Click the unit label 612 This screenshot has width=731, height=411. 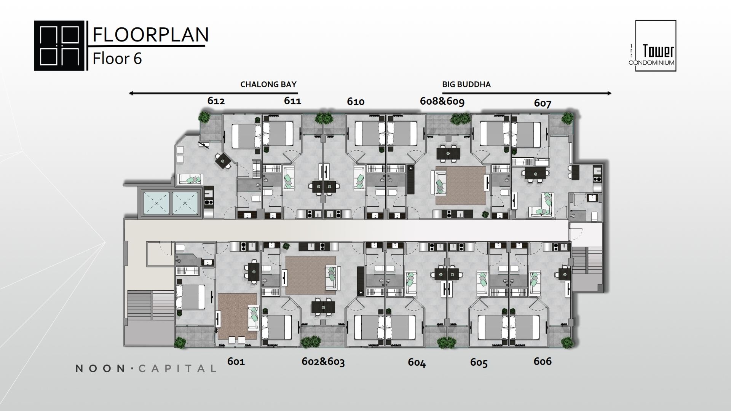tap(216, 101)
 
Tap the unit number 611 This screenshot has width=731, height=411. tap(292, 101)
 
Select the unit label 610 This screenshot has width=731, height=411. tap(356, 102)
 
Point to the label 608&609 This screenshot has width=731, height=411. tap(442, 101)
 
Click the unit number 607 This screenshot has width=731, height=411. tap(543, 103)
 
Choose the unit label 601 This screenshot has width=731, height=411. tap(236, 361)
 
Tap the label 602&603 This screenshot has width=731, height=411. tap(323, 362)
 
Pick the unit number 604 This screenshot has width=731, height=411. tap(417, 362)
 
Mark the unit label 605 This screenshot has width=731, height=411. tap(479, 363)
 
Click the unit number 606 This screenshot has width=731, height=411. tap(543, 361)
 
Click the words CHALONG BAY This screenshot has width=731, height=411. tap(268, 84)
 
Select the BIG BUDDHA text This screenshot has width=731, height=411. tap(466, 84)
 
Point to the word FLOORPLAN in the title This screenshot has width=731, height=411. tap(151, 35)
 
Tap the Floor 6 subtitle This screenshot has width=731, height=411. tap(117, 59)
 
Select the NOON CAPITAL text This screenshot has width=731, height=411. tap(146, 368)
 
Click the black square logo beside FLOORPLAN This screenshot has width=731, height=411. tap(59, 46)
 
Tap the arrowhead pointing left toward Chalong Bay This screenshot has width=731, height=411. tap(131, 93)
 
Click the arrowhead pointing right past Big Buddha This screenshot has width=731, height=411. tap(609, 93)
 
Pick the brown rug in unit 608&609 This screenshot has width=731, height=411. tap(461, 185)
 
